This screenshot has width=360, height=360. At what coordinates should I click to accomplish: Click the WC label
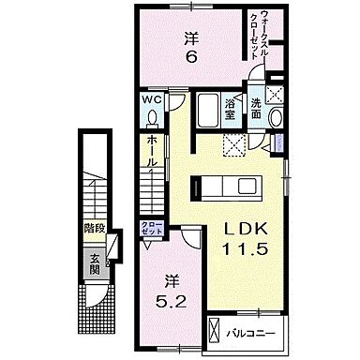pos(151,98)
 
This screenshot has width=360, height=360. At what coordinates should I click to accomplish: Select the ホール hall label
pos(150,155)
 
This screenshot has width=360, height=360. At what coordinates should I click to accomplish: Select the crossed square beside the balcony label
pos(216,331)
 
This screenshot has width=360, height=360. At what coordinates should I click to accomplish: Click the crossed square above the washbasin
pos(275,92)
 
